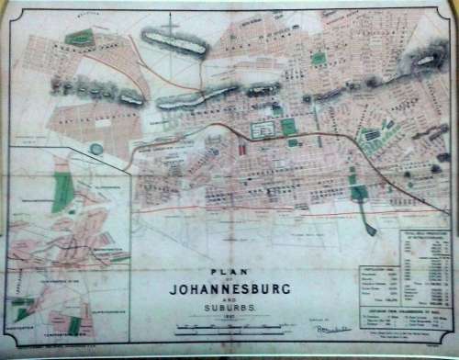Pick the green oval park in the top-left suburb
click(81, 38)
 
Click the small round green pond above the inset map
click(97, 149)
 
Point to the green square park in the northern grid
click(318, 58)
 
